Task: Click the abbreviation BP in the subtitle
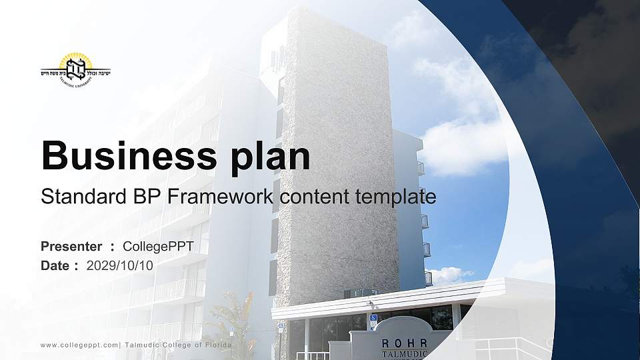147,197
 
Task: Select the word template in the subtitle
397,197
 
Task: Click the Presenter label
71,247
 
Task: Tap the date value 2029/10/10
120,265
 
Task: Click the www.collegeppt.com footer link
79,345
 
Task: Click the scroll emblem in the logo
75,68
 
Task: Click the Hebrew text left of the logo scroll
51,70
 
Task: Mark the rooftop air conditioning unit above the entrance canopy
360,293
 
